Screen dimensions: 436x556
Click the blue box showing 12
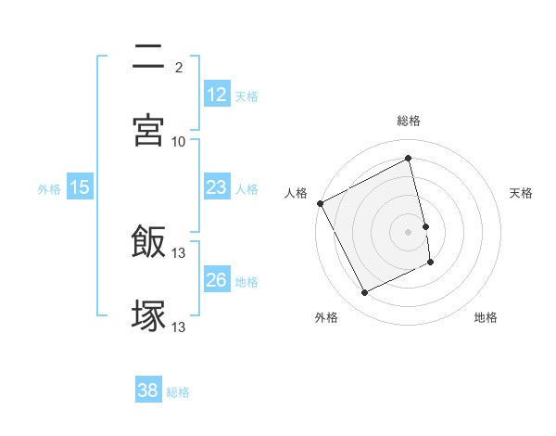[216, 95]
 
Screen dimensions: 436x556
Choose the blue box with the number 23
[216, 187]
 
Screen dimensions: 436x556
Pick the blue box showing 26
[216, 280]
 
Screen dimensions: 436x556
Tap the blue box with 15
[80, 187]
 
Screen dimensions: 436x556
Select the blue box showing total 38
[147, 391]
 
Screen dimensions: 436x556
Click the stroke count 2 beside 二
[179, 68]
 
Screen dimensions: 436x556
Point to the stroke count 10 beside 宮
[179, 141]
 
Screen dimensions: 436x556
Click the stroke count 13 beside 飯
[179, 253]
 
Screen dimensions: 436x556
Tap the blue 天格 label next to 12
[246, 96]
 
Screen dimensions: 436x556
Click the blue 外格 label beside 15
[49, 188]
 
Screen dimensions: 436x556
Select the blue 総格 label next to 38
[178, 391]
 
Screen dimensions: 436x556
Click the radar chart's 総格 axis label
[409, 122]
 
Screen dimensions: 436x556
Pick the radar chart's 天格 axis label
[521, 193]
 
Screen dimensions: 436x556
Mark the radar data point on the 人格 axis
[320, 203]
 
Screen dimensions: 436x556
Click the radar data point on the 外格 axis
[364, 293]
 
